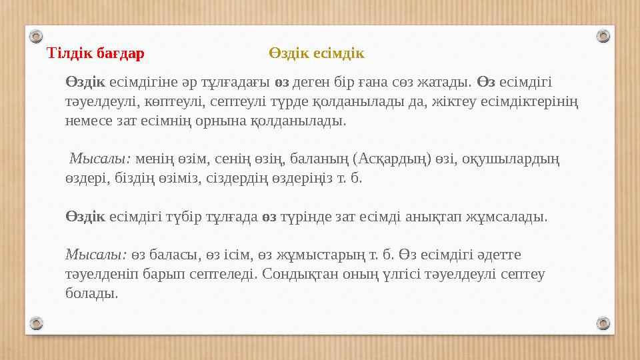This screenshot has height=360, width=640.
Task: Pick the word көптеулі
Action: pyautogui.click(x=158, y=102)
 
